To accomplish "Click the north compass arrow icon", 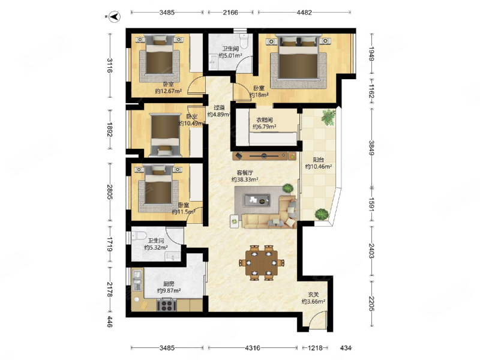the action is click(115, 17).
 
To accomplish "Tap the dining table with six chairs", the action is click(262, 263).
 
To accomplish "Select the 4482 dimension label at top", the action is click(304, 13).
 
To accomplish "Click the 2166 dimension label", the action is click(230, 13).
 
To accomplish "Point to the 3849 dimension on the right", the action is click(371, 148).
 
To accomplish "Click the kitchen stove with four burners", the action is click(167, 305).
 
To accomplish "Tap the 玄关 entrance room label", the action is click(313, 295).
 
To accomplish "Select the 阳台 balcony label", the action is click(319, 160).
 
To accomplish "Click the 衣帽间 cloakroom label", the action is click(265, 119).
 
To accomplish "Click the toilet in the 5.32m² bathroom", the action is click(139, 236).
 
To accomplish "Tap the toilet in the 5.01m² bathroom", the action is click(244, 41).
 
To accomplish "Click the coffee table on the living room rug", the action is click(257, 200).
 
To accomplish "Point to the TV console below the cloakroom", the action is click(265, 156).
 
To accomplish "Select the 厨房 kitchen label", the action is click(169, 284).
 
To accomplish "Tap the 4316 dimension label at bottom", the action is click(253, 348).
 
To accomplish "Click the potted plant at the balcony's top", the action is click(328, 117).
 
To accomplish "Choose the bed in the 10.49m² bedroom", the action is click(165, 135).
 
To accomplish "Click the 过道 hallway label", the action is click(219, 107).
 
